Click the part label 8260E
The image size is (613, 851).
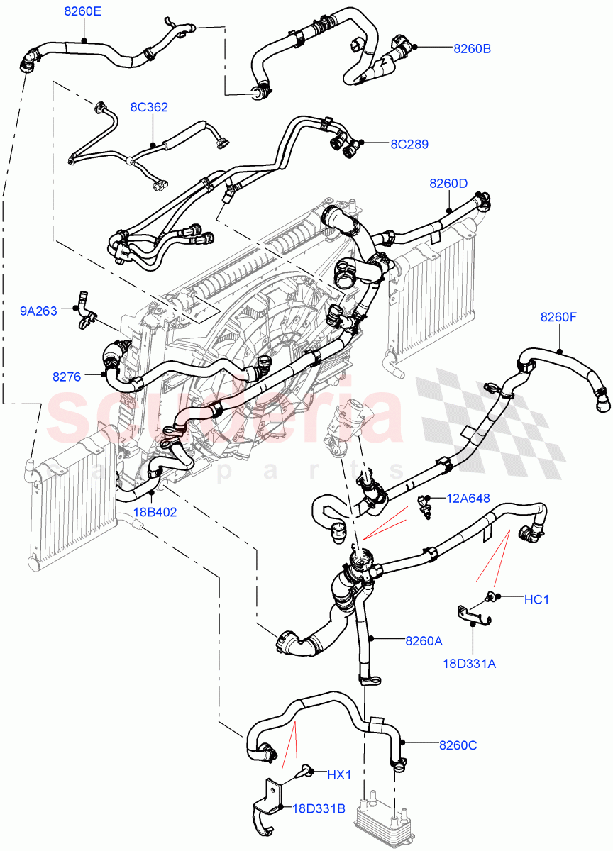point(82,11)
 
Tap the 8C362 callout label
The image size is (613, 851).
point(149,107)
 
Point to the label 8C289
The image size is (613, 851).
point(409,144)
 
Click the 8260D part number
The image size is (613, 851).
point(448,183)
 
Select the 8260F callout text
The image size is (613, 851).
point(559,317)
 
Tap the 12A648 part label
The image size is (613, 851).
point(468,499)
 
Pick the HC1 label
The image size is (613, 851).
point(536,600)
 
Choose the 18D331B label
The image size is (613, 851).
point(318,808)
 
